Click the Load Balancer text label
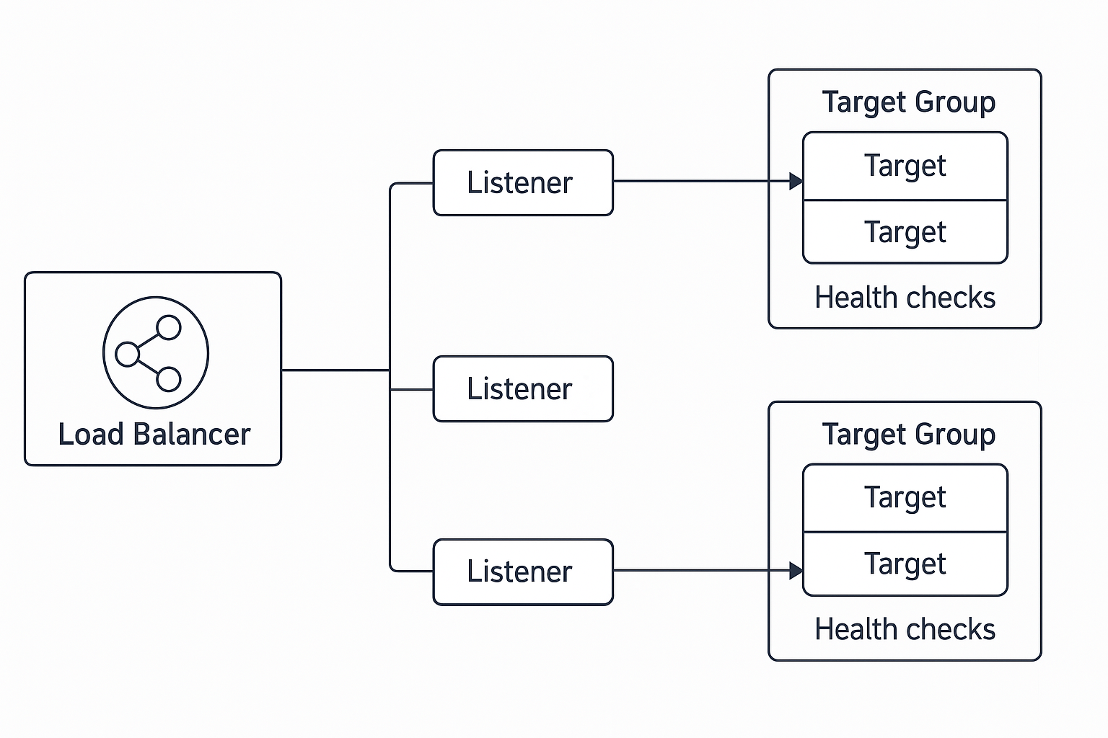click(x=154, y=435)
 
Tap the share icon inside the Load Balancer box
click(x=156, y=353)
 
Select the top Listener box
click(x=522, y=182)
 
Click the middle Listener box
click(x=522, y=388)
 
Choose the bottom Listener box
click(x=522, y=572)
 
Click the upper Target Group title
click(x=908, y=102)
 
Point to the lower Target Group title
click(x=908, y=434)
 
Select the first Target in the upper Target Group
click(x=905, y=166)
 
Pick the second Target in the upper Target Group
click(x=905, y=232)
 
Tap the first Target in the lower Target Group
click(x=905, y=497)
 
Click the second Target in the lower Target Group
click(x=905, y=564)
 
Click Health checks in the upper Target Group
click(x=905, y=298)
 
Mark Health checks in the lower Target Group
click(x=905, y=629)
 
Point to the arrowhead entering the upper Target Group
click(x=796, y=181)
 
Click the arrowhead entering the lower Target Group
click(x=796, y=571)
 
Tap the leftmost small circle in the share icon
click(x=127, y=355)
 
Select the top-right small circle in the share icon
click(x=169, y=327)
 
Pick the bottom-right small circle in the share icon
click(x=169, y=378)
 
